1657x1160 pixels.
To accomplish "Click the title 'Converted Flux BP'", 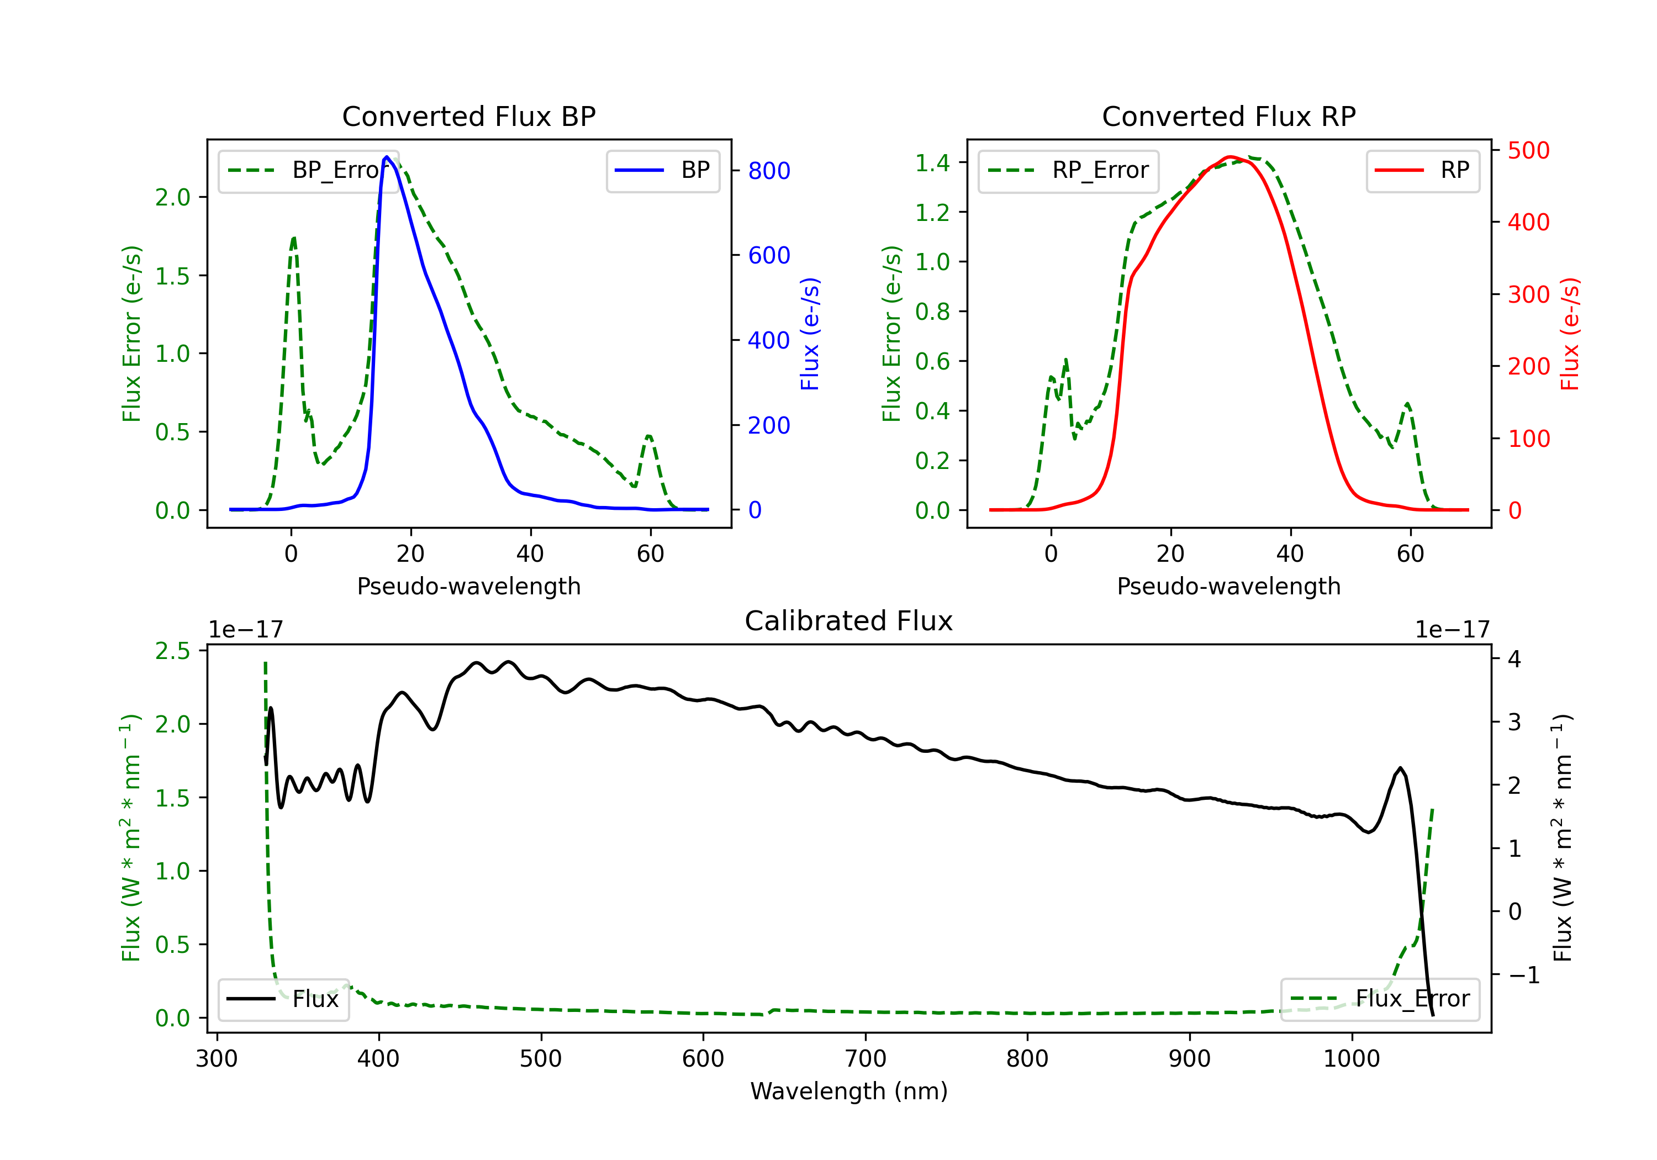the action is (x=468, y=116).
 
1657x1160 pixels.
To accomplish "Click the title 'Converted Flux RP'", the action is (x=1228, y=116).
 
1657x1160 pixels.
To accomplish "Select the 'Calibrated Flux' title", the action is (x=849, y=621).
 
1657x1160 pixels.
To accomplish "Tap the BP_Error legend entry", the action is (x=308, y=170).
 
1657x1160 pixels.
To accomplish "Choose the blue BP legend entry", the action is (x=662, y=170).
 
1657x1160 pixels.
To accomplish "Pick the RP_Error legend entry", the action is (x=1068, y=170).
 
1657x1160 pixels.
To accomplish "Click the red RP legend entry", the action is (x=1422, y=170).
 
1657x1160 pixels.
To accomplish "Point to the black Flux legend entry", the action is (x=283, y=999).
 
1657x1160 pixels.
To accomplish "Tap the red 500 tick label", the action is (x=1528, y=151).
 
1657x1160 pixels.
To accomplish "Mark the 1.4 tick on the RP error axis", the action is (x=932, y=162).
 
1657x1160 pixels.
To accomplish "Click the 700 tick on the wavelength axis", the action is (x=866, y=1059).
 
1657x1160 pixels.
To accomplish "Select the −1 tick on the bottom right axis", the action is (x=1523, y=975).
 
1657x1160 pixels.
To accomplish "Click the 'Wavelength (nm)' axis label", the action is (x=849, y=1091).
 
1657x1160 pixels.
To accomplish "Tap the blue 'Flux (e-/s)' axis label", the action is (x=810, y=334).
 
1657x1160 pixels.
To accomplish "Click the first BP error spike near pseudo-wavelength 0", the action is (x=294, y=238).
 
